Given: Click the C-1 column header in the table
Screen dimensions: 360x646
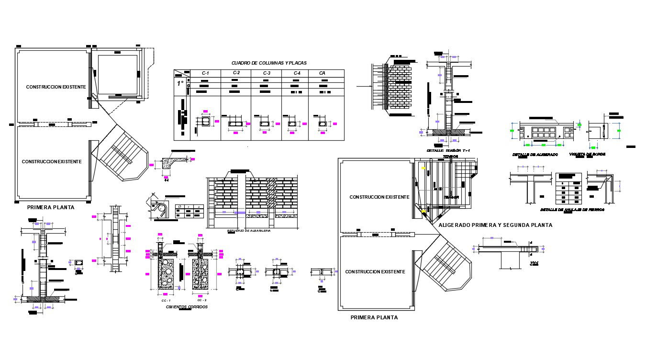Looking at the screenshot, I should coord(205,73).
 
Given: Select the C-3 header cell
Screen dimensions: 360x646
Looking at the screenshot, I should coord(267,73).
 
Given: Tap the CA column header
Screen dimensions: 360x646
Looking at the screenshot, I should coord(323,73).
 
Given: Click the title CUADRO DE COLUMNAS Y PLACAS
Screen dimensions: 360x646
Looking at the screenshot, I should coord(269,63).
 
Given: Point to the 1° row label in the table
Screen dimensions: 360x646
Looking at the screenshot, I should coord(180,83).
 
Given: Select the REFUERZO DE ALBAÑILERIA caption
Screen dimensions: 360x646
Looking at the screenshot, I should coord(249,231).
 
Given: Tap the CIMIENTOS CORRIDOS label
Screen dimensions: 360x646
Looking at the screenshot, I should coord(187,307).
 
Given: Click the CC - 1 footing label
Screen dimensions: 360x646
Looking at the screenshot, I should coord(166,300).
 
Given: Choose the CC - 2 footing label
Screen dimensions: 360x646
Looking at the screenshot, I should coord(202,300).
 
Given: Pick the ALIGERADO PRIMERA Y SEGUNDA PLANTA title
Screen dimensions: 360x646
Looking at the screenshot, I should coord(495,225).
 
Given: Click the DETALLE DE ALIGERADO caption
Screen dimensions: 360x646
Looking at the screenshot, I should coord(535,155).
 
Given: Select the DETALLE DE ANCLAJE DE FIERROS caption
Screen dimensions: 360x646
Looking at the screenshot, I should coord(572,210).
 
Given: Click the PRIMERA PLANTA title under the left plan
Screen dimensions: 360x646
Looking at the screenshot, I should coord(51,207).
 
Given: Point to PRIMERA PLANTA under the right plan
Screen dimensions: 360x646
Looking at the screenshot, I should coord(374,317).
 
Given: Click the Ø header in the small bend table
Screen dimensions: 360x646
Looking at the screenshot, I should coord(179,206).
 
